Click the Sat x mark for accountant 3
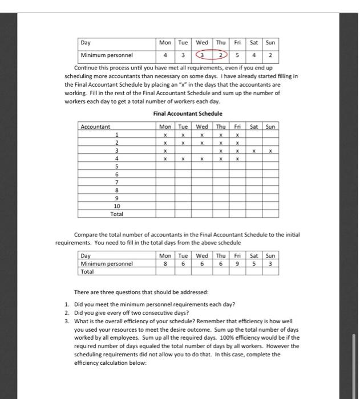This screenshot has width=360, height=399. point(254,152)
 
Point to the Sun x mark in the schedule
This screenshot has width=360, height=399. point(271,152)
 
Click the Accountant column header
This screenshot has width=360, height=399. point(96,127)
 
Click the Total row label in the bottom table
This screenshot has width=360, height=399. point(88,272)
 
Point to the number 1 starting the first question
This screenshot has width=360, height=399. point(67,304)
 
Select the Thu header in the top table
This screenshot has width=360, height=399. point(220,43)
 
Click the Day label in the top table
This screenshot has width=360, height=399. point(86,43)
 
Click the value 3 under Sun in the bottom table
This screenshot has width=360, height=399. point(271,264)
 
